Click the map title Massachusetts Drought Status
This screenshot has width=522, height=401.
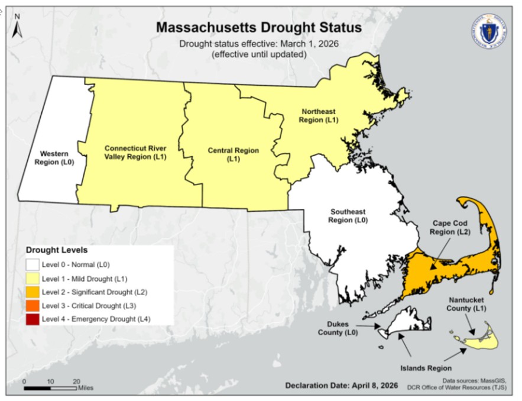pyautogui.click(x=258, y=28)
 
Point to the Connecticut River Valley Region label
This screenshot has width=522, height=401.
pyautogui.click(x=135, y=152)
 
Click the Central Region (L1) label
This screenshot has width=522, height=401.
pyautogui.click(x=233, y=154)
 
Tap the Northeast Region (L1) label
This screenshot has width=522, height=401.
pyautogui.click(x=318, y=115)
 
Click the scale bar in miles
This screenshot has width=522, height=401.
pyautogui.click(x=50, y=387)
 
